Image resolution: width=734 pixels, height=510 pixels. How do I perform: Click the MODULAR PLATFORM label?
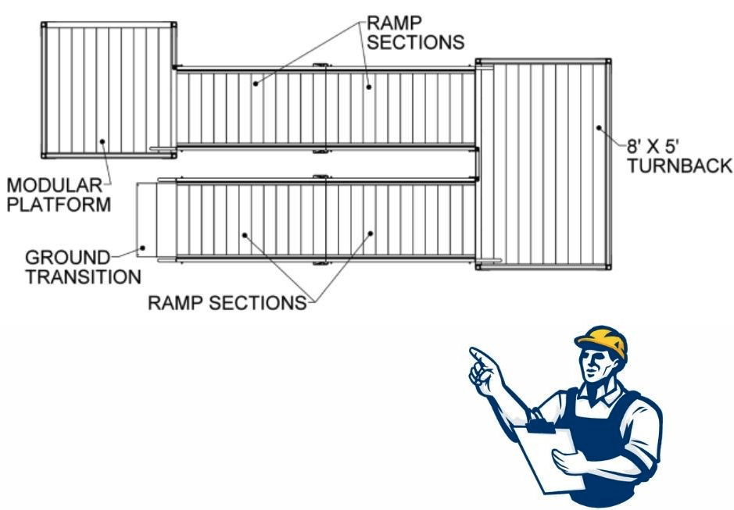(58, 195)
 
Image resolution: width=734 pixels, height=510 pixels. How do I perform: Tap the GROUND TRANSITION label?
(83, 266)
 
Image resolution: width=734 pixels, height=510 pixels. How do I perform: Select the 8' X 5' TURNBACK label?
(678, 155)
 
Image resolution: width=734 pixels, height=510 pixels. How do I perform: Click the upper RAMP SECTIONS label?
(415, 31)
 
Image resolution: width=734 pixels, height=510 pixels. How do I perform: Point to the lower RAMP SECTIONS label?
(227, 302)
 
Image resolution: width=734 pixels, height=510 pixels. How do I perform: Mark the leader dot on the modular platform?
(102, 141)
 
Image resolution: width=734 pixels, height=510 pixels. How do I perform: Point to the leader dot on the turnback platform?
(599, 127)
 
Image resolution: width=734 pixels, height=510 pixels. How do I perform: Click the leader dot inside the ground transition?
(142, 248)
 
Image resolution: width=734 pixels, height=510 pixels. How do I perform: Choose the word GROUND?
(66, 257)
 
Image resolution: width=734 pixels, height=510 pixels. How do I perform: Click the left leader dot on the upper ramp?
(255, 79)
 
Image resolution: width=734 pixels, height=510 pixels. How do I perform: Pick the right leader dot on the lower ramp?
(371, 233)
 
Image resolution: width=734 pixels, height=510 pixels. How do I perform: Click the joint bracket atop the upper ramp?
(319, 66)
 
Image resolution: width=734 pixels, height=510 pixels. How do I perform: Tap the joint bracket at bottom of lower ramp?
(319, 263)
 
